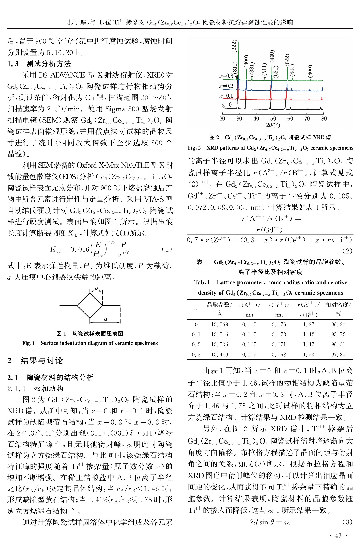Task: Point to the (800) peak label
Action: click(310, 71)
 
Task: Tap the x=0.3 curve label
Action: click(226, 76)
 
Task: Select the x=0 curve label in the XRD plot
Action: click(227, 105)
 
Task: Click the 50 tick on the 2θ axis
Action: click(273, 119)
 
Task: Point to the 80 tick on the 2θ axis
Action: click(324, 119)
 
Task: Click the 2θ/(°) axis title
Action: click(273, 125)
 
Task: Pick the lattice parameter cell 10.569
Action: click(220, 325)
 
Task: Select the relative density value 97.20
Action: click(338, 355)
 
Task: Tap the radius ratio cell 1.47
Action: click(309, 344)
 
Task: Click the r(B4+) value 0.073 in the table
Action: click(279, 335)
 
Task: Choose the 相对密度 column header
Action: click(338, 305)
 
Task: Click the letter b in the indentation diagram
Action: click(96, 288)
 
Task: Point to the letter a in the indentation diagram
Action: click(106, 319)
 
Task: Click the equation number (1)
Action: click(167, 249)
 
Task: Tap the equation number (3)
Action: click(347, 522)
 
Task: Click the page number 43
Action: click(338, 536)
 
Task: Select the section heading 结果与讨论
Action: click(42, 361)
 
